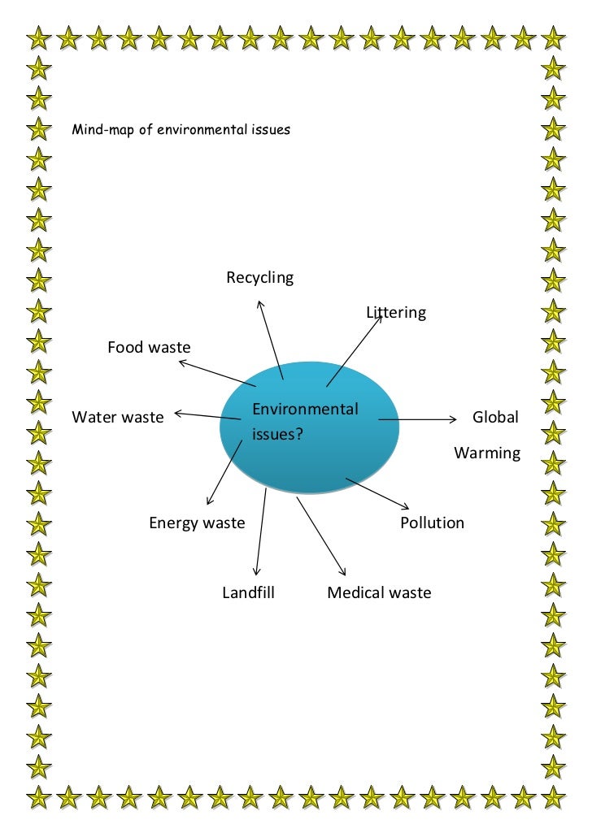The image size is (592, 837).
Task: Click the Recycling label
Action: [x=259, y=278]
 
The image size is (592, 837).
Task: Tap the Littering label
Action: [x=396, y=313]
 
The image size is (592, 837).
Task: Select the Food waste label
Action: [x=149, y=348]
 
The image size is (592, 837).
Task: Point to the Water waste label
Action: [x=118, y=418]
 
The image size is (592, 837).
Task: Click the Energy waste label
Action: [x=196, y=523]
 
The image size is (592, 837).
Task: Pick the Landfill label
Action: [x=248, y=593]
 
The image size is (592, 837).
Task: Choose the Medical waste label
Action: [x=379, y=593]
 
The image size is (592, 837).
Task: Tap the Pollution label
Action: [x=432, y=523]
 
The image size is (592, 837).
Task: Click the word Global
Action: [x=495, y=418]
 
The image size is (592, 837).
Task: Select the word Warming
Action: [x=487, y=453]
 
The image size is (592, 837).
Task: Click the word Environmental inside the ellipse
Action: [x=305, y=409]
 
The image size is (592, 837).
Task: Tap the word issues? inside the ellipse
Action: [x=277, y=435]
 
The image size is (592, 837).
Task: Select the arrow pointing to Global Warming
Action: [x=417, y=420]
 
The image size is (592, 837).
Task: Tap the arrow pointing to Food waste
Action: [x=217, y=373]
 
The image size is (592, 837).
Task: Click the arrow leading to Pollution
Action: [x=377, y=493]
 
